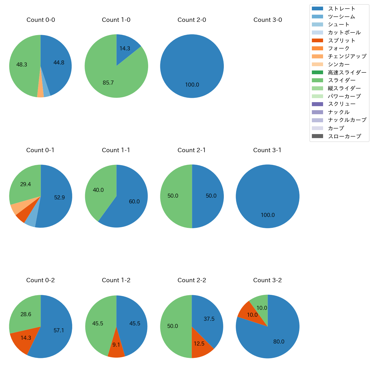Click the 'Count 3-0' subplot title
268,20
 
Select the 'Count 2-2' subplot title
192,280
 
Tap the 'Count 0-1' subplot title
40,150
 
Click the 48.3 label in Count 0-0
22,65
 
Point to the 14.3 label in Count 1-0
125,49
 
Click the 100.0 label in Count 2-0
192,85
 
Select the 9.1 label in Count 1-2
116,345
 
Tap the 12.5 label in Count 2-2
199,344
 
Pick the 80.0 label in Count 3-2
279,342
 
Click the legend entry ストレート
341,9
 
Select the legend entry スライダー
341,80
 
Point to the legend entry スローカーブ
344,136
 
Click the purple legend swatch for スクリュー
317,104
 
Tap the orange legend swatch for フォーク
317,48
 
